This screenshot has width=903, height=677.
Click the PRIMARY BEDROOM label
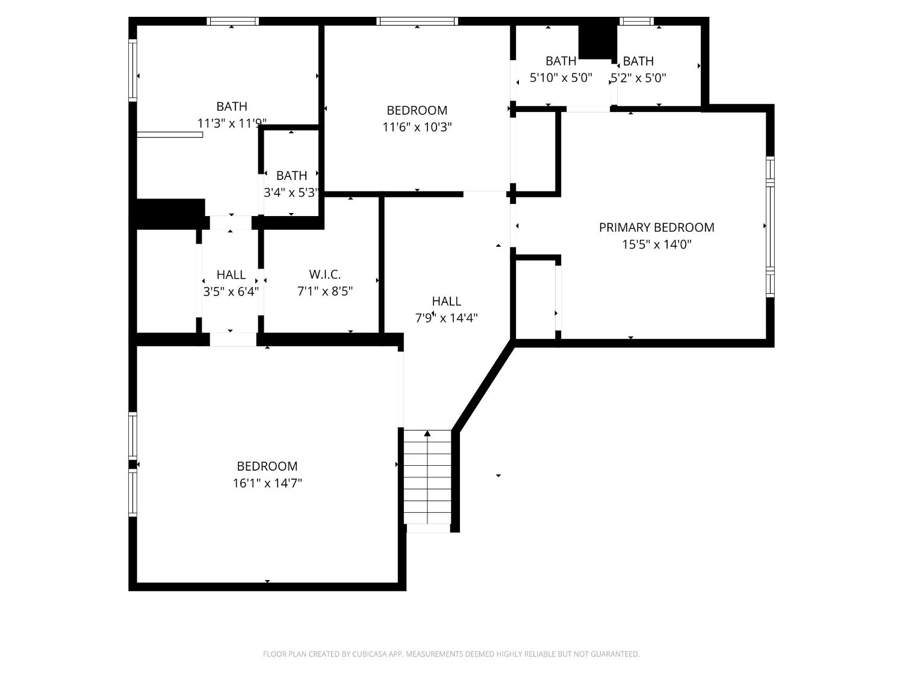[x=656, y=227]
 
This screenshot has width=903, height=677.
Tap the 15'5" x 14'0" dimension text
[x=656, y=244]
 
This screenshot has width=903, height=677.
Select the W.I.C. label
[x=325, y=274]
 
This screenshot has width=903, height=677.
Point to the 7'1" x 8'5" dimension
[x=325, y=291]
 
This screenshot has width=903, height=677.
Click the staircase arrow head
[x=427, y=433]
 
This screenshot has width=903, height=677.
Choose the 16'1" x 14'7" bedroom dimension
[x=267, y=483]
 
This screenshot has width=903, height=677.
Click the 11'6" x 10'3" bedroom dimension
[x=417, y=127]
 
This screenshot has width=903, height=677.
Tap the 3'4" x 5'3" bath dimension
[x=291, y=193]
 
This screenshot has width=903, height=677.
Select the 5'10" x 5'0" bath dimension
[x=561, y=78]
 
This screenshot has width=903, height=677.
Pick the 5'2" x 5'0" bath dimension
[x=638, y=78]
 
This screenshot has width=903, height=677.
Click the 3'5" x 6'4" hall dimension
[x=231, y=291]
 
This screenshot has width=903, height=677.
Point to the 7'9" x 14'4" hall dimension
[x=447, y=318]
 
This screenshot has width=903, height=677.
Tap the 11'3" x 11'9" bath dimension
[x=232, y=123]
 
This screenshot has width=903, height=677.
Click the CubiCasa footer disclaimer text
[x=451, y=654]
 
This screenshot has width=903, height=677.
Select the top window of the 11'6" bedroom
[x=417, y=21]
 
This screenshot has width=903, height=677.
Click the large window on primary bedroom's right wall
[x=770, y=227]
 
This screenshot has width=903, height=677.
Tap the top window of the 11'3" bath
[x=233, y=21]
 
